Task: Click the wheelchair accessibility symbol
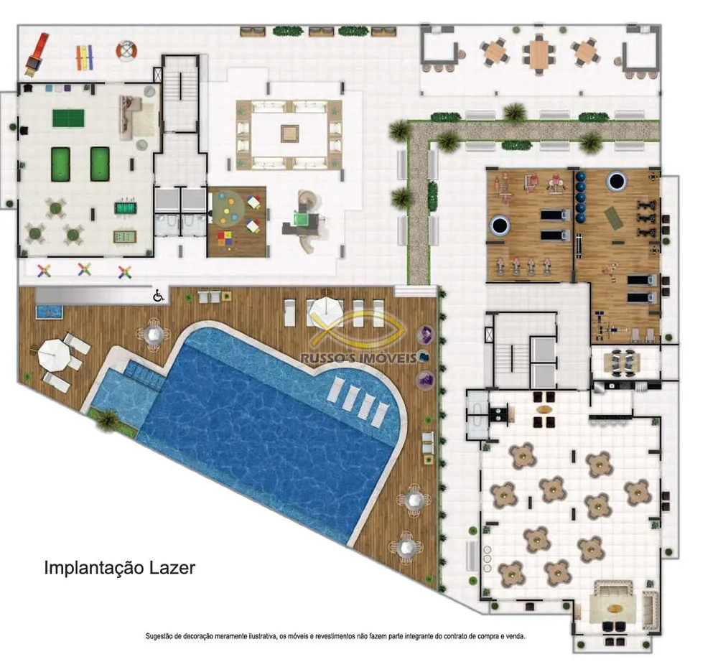pos(159,296)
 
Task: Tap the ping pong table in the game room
pos(69,118)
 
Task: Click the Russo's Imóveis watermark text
pos(358,358)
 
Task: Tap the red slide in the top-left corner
pos(37,54)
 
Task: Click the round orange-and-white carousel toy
pos(127,50)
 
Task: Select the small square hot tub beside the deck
pos(49,312)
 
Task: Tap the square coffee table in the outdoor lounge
pos(290,134)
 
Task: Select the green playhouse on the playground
pos(302,220)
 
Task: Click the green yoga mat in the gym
pos(613,218)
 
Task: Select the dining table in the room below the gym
pos(617,362)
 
